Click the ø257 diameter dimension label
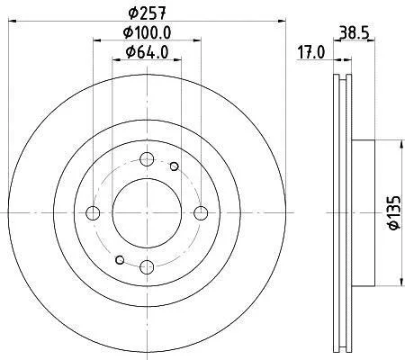click(x=147, y=13)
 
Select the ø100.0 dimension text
click(x=147, y=32)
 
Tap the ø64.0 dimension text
click(x=147, y=52)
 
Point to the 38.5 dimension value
click(x=354, y=32)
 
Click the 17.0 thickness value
click(x=311, y=53)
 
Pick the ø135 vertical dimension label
click(x=394, y=212)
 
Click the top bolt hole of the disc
click(x=147, y=159)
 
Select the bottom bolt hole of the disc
click(x=147, y=266)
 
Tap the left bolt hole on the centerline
click(x=93, y=213)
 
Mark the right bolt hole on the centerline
click(x=201, y=213)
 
